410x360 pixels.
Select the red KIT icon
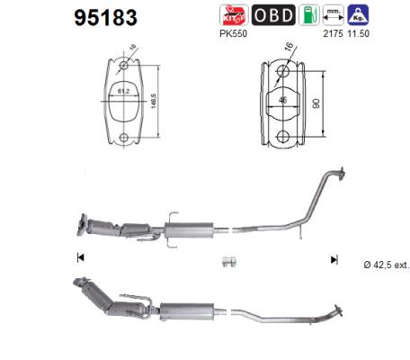tap(233, 15)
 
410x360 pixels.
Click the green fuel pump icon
tap(307, 15)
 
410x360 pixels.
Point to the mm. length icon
tap(334, 15)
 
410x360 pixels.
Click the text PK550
tap(233, 33)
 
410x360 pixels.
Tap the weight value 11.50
tap(359, 33)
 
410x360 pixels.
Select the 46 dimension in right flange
tap(282, 101)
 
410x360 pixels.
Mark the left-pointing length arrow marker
tap(82, 259)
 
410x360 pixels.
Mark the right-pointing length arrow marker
tap(334, 259)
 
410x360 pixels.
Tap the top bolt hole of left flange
tap(124, 66)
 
